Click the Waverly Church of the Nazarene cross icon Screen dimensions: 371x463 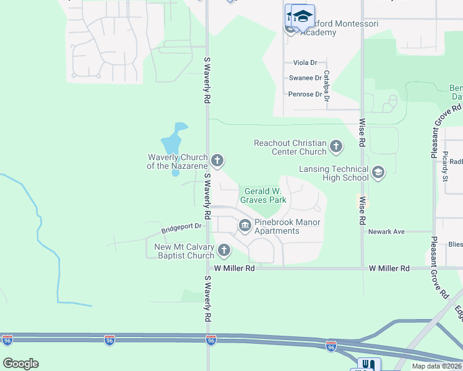click(x=217, y=161)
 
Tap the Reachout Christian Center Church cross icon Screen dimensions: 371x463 click(x=336, y=147)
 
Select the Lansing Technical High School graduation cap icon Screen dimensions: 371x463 click(x=378, y=172)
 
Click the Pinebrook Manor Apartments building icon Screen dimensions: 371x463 click(x=244, y=226)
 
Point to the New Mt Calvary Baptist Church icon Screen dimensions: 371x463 click(x=223, y=250)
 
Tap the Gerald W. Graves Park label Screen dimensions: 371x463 click(x=265, y=195)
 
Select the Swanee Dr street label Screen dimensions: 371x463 click(x=305, y=79)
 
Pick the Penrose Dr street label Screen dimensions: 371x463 click(x=305, y=95)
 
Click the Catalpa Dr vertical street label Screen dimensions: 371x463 click(x=327, y=85)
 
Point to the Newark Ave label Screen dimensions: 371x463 click(x=386, y=232)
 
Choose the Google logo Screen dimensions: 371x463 click(x=20, y=364)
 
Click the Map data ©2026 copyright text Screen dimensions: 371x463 click(x=437, y=366)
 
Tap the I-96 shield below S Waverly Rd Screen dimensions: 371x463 click(x=210, y=339)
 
